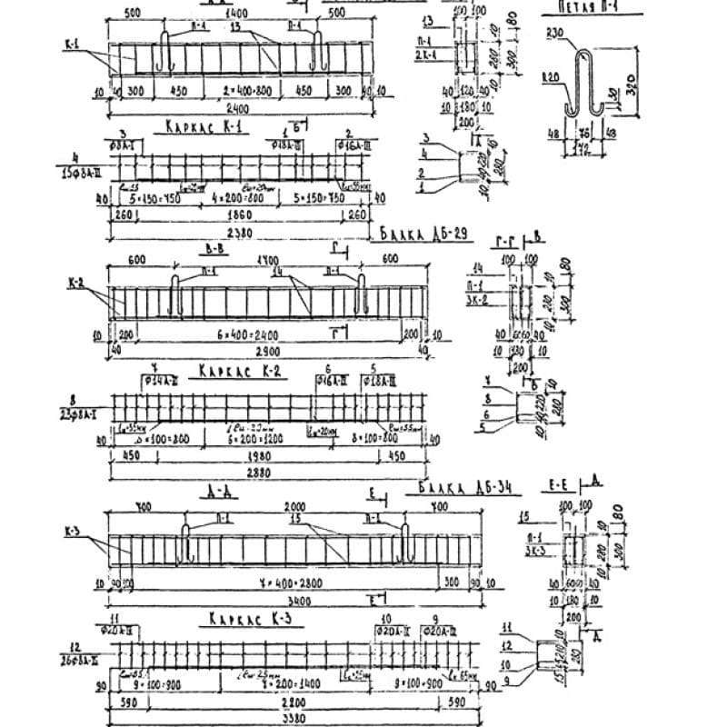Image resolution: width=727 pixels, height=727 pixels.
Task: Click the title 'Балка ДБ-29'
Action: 423,236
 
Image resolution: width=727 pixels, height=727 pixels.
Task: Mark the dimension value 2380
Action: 240,232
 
